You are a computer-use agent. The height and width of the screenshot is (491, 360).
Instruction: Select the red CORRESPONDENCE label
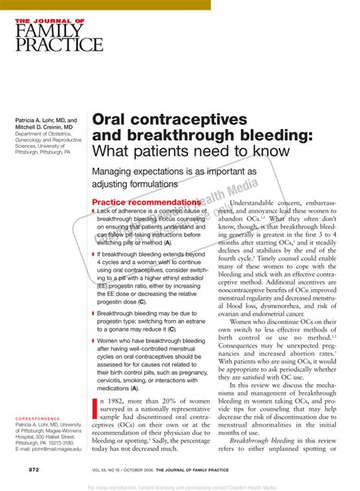(37, 418)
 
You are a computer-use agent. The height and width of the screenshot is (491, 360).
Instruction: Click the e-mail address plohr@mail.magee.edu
(49, 449)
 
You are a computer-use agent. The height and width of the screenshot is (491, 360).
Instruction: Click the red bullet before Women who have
(93, 341)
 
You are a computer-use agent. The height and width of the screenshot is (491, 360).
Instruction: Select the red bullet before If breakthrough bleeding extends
(93, 255)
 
